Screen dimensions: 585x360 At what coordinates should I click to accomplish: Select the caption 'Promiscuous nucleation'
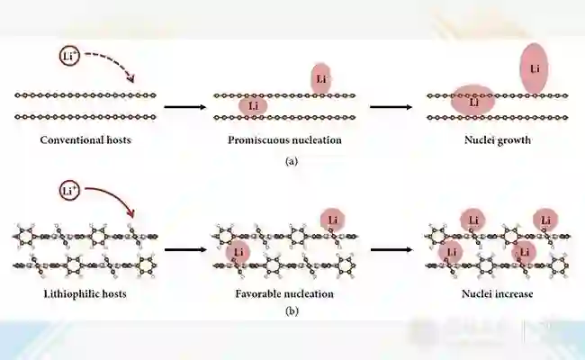284,140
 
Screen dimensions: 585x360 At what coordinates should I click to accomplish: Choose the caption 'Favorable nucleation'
284,293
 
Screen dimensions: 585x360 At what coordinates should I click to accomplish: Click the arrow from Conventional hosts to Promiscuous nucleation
184,105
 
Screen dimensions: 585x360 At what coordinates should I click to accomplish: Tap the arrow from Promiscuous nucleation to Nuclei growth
391,105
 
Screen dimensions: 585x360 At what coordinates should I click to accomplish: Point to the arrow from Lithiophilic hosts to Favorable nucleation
184,247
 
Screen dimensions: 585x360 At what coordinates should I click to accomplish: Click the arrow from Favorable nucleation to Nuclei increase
391,247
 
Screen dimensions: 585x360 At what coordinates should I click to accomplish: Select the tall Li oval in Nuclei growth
535,68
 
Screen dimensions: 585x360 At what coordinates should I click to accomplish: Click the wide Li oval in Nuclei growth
472,101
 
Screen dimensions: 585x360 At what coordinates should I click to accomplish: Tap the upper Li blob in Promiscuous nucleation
320,79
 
